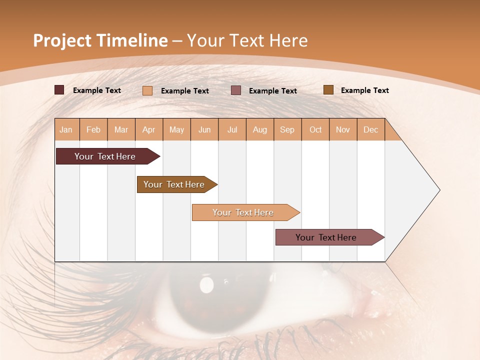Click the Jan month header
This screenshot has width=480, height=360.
(66, 129)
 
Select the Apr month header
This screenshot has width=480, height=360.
(149, 129)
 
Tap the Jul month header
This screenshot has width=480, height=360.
(232, 129)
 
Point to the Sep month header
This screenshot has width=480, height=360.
(287, 129)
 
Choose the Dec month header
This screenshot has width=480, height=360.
(370, 129)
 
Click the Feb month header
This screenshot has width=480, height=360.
(93, 129)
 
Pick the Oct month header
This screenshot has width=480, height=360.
(315, 129)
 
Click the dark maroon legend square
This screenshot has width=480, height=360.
(59, 90)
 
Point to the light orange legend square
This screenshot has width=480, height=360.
(147, 90)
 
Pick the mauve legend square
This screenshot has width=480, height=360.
(236, 90)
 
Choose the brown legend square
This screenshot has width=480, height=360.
(328, 90)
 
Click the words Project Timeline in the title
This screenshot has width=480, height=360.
(100, 40)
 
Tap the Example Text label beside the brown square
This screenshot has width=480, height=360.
(364, 90)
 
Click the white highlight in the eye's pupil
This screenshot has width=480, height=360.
(206, 284)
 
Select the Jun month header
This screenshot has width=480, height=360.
(204, 129)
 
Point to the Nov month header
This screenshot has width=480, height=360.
(343, 129)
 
